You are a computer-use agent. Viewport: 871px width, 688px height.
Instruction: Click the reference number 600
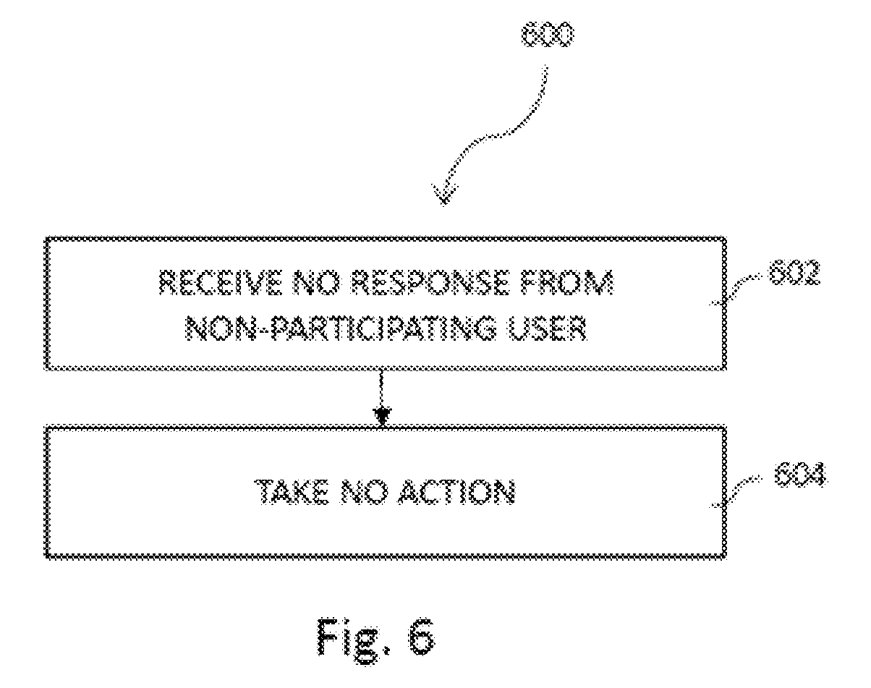tap(547, 35)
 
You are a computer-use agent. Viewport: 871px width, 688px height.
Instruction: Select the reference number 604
tap(801, 475)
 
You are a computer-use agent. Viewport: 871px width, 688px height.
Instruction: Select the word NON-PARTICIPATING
tap(341, 328)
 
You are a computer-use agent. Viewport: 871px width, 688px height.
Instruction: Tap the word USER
tap(548, 328)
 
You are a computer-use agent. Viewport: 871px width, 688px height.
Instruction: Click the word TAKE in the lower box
tap(292, 492)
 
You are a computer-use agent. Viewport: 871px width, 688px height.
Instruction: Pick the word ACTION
tap(456, 492)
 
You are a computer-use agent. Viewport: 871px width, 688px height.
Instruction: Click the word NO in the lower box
tap(364, 492)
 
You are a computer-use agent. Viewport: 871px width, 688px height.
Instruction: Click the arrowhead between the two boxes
tap(382, 417)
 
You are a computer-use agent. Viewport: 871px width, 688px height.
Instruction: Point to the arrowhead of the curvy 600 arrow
tap(444, 195)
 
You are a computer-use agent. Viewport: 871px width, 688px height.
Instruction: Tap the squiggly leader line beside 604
tap(736, 492)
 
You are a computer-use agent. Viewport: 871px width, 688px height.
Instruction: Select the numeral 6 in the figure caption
tap(421, 638)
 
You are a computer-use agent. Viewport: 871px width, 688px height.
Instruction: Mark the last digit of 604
tap(818, 475)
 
